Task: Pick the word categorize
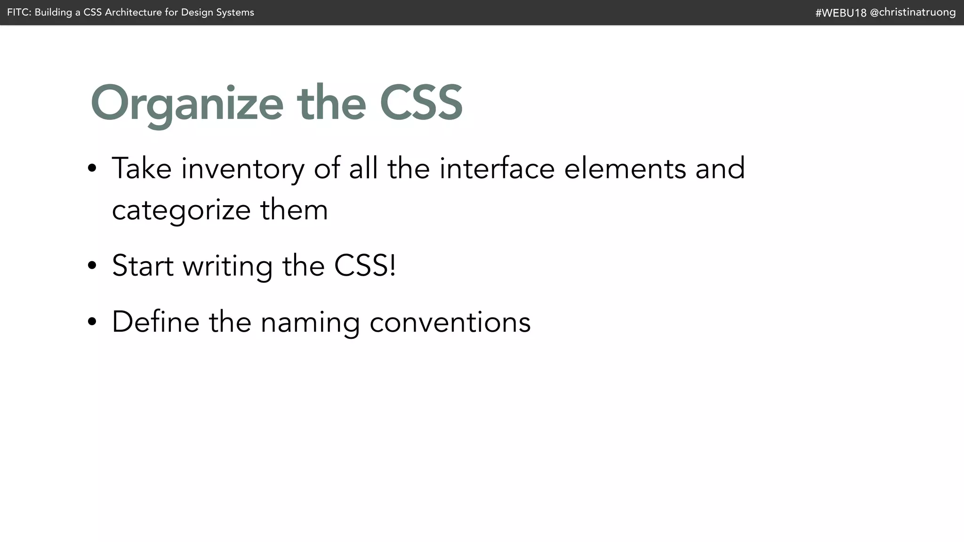click(181, 210)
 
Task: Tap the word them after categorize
click(294, 210)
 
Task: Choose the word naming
click(310, 323)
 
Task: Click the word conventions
click(450, 323)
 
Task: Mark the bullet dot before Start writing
click(92, 265)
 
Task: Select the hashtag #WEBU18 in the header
click(841, 13)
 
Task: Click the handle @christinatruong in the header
click(913, 12)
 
